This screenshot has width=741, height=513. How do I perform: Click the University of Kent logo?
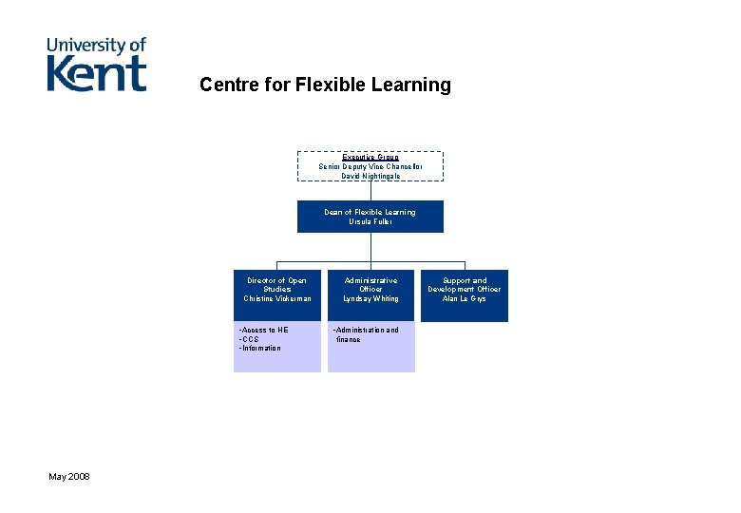[97, 64]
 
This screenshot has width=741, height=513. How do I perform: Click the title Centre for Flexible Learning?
[325, 85]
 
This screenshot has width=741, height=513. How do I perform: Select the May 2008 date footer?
[69, 475]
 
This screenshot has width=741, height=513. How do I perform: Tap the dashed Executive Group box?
[370, 165]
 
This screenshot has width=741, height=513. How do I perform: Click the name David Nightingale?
[370, 176]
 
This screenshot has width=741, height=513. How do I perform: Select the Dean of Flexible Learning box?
[370, 217]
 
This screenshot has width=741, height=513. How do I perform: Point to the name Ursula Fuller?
[370, 222]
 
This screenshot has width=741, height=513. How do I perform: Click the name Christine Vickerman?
[277, 299]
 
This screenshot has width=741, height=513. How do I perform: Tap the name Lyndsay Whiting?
[370, 299]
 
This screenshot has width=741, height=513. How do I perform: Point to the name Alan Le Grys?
[464, 299]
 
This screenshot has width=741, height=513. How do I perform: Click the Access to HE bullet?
[263, 330]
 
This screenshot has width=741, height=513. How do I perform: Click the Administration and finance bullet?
[366, 334]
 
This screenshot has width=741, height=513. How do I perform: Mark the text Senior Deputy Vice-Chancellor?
[370, 166]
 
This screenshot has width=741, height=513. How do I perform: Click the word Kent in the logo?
[97, 74]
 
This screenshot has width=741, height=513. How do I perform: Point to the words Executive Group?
[370, 157]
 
